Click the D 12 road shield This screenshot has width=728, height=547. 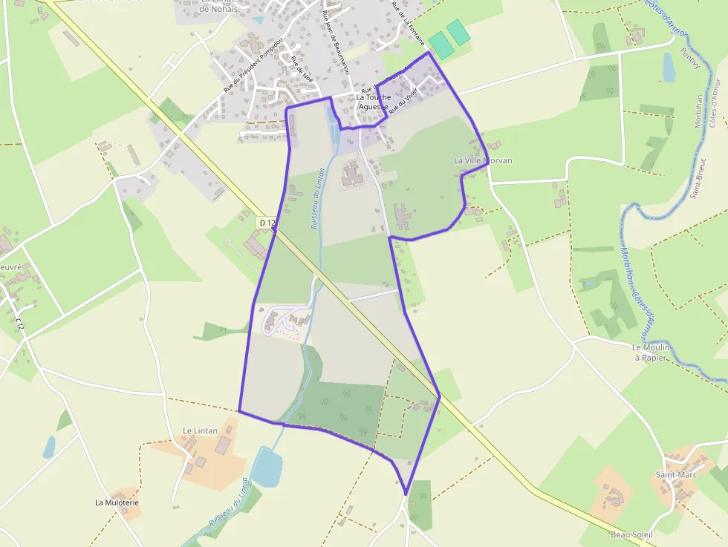pos(267,222)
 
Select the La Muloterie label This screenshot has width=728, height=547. pos(117,502)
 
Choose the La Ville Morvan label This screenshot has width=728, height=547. pos(483,160)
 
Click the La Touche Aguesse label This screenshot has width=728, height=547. pos(373,102)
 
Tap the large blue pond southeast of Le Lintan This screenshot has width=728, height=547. pos(265,466)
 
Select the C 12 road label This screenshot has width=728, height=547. pos(20,324)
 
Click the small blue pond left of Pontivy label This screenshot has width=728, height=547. pos(669,67)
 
